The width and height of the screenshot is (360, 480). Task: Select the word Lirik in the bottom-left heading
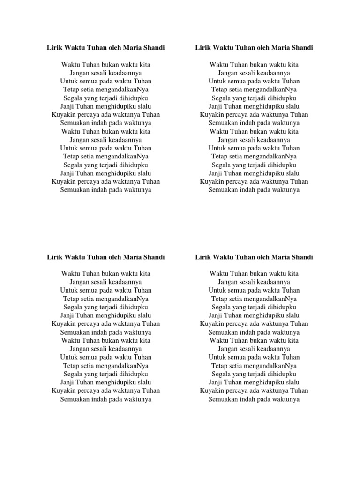tap(54, 257)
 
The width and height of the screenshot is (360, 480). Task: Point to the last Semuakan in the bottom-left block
tap(75, 399)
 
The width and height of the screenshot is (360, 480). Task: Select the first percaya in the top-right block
tap(243, 114)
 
